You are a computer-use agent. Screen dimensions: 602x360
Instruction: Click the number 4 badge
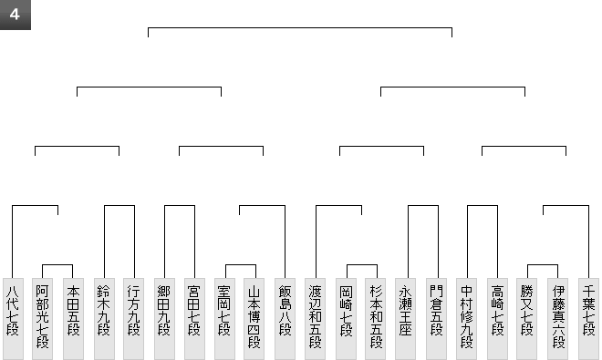coord(15,15)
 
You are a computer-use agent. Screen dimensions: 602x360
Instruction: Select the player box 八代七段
coord(13,319)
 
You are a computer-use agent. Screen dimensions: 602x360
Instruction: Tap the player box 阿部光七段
coord(42,319)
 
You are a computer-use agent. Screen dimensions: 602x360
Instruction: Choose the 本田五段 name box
coord(73,319)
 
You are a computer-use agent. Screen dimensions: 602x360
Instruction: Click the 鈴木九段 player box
coord(104,319)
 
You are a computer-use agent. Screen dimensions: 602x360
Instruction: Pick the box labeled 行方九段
coord(133,319)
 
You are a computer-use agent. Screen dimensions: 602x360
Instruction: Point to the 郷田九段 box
coord(164,319)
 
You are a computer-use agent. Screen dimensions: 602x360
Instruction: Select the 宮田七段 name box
coord(194,319)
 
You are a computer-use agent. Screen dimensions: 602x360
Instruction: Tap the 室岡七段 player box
coord(224,319)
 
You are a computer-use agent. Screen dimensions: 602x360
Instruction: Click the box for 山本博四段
coord(254,319)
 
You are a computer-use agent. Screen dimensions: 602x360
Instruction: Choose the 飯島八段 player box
coord(285,319)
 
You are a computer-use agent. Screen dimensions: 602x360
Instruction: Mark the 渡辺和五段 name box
coord(315,319)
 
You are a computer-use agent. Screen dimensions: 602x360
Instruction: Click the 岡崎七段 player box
coord(346,319)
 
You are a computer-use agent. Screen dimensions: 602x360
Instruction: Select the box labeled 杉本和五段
coord(375,319)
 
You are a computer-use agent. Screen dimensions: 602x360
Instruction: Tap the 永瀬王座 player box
coord(405,319)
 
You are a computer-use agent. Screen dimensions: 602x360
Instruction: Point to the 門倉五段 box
coord(437,319)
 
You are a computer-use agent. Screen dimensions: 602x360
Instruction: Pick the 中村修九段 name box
coord(466,319)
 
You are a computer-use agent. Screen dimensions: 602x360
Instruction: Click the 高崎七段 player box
coord(498,319)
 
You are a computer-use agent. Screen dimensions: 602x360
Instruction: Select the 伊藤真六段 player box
coord(558,319)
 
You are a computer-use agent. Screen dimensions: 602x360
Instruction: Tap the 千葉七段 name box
coord(589,319)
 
